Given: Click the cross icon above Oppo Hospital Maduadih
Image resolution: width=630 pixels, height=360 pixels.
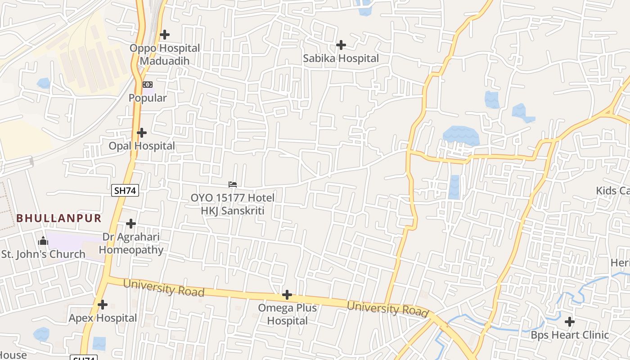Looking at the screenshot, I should [x=165, y=34].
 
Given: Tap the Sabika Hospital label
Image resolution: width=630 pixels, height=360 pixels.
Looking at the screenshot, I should [x=341, y=58].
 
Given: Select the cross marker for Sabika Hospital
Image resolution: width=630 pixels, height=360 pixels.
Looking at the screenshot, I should [x=341, y=45].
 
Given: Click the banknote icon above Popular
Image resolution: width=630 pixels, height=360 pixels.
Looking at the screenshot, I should [x=148, y=85].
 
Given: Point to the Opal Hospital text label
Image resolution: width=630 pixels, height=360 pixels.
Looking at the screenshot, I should [x=142, y=146].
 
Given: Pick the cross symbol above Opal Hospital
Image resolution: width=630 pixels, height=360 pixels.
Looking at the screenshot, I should [x=142, y=133].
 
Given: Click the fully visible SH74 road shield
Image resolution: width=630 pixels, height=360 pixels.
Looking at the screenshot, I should [x=125, y=190].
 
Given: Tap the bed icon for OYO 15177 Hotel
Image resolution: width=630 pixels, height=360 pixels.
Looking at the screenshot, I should [x=233, y=184].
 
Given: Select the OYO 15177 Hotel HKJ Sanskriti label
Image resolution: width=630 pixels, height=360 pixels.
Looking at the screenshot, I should [x=232, y=204].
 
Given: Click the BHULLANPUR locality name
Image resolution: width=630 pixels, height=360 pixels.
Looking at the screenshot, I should [x=59, y=218].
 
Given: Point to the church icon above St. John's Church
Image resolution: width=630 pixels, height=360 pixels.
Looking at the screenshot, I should [x=43, y=241].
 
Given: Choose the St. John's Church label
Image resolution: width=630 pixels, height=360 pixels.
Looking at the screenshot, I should [x=43, y=254].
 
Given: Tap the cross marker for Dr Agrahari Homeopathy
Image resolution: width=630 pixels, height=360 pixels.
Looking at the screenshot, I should [x=131, y=223].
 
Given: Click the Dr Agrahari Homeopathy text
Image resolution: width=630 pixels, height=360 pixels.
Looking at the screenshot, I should [x=131, y=243].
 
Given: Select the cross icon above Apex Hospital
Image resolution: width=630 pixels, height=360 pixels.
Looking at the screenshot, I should [x=103, y=305].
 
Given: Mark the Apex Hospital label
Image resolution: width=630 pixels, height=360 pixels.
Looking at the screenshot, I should [x=103, y=318].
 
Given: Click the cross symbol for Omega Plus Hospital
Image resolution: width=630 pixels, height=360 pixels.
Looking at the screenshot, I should [x=287, y=295].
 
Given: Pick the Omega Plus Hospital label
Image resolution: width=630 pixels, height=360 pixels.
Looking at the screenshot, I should [x=287, y=314].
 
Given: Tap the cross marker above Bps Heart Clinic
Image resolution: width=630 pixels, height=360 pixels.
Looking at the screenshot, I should [x=570, y=322].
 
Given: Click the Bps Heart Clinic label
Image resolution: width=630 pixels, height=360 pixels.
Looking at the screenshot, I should [x=570, y=335].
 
